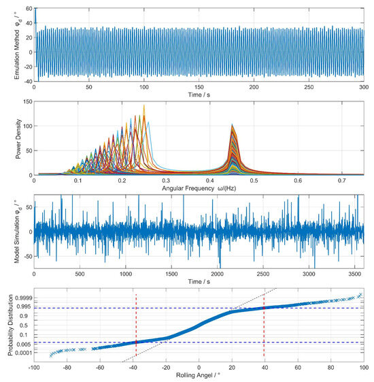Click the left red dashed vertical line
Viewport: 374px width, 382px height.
tap(136, 327)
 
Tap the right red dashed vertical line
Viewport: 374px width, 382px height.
tap(263, 327)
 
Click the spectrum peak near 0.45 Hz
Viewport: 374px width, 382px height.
tap(233, 127)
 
